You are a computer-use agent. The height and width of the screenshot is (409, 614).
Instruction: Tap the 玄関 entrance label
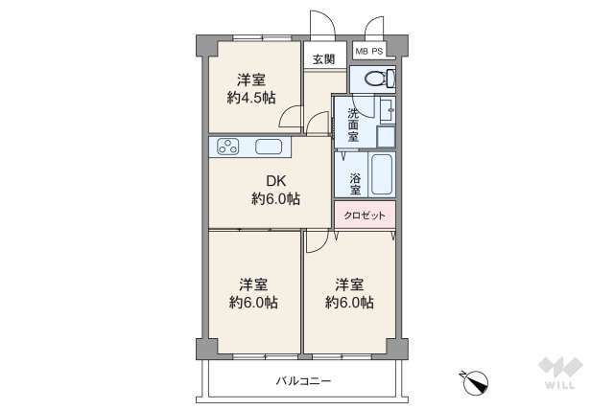[x=323, y=58]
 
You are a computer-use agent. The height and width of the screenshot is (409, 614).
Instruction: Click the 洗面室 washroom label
[x=353, y=124]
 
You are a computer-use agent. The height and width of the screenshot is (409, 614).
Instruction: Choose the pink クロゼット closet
[x=365, y=216]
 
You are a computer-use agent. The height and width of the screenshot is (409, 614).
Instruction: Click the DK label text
[x=276, y=179]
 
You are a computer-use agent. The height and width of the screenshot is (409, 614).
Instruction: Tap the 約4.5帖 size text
[x=251, y=97]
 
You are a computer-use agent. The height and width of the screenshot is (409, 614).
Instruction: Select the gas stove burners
[x=230, y=148]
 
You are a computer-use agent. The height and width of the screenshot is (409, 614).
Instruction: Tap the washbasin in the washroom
[x=386, y=110]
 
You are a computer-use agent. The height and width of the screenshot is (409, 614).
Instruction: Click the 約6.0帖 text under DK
[x=276, y=199]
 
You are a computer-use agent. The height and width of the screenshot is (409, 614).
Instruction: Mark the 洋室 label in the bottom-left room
[x=253, y=284]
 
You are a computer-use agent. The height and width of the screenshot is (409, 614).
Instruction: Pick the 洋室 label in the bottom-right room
[x=349, y=284]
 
